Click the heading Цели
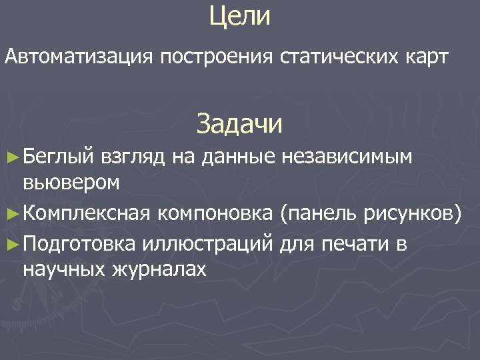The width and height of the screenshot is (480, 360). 239,17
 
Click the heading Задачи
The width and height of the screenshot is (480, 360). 239,123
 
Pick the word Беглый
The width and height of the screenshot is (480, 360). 61,157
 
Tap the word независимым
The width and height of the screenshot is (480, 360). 347,157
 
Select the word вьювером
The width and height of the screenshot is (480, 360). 71,181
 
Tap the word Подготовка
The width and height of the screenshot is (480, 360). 81,245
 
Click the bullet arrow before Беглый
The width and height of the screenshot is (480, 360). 11,157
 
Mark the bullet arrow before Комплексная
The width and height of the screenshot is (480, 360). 11,213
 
